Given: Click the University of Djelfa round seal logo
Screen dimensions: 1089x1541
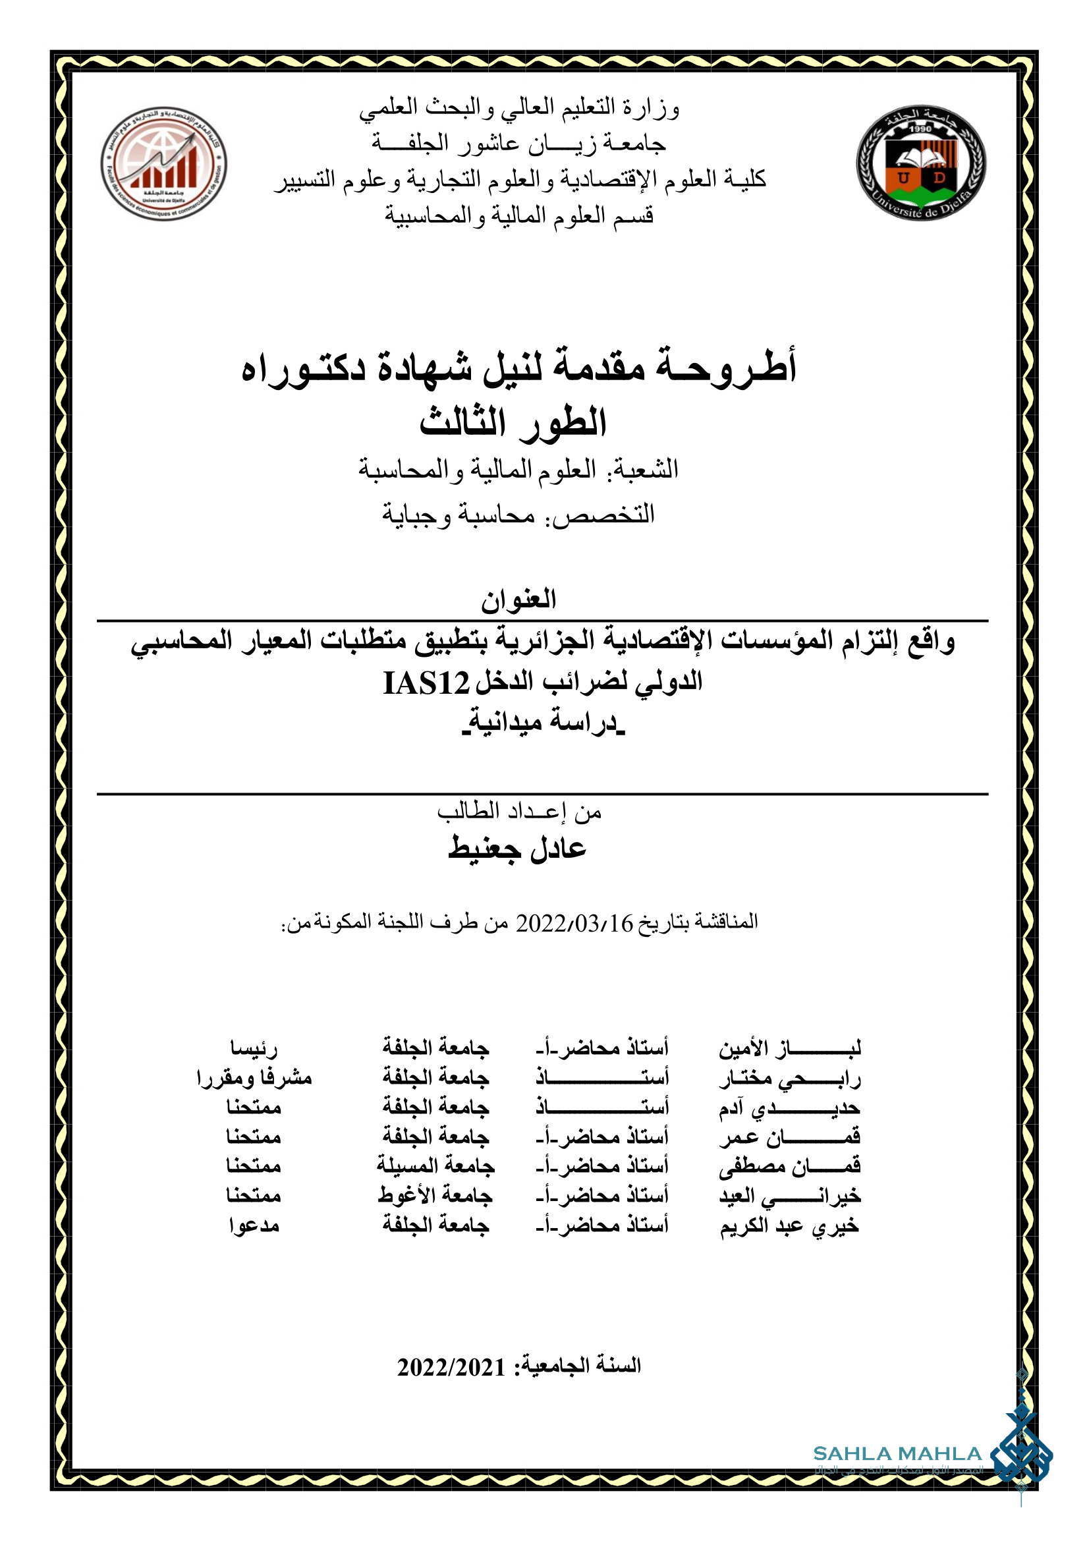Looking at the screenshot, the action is pos(920,163).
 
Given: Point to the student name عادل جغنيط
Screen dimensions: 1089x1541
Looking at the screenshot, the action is pos(517,849).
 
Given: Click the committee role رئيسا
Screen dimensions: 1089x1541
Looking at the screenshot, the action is pos(254,1048).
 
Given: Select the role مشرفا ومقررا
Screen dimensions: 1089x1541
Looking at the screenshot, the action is pos(254,1078).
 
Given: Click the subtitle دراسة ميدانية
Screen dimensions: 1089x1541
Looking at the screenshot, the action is pos(543,722).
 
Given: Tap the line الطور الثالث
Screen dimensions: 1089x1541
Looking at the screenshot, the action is pos(513,423).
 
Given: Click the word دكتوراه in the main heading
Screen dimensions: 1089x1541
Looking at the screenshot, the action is pos(303,369).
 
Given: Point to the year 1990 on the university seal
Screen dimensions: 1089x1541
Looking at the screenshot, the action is pos(920,129).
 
